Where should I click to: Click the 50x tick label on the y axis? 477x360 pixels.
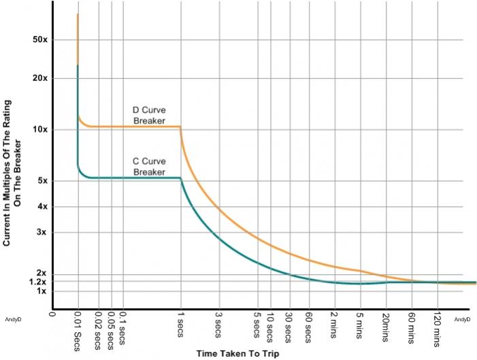[40, 39]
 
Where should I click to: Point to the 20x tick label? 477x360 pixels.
[40, 78]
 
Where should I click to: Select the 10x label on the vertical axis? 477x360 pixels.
[40, 130]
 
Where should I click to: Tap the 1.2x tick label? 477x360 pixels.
[38, 282]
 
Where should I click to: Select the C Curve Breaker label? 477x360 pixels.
[149, 167]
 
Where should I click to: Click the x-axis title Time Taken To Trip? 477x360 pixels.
[238, 354]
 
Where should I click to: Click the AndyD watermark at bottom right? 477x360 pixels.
[462, 318]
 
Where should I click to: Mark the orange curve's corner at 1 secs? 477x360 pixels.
[180, 127]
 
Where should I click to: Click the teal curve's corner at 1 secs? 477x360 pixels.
[180, 178]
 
